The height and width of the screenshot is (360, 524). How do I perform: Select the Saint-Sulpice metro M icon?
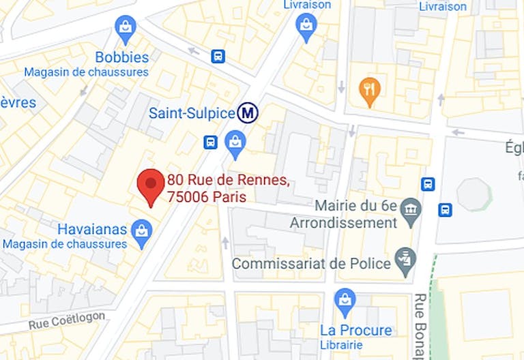248,112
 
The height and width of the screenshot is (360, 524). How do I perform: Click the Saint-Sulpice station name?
191,113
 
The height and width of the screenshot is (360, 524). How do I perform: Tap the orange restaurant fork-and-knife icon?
369,90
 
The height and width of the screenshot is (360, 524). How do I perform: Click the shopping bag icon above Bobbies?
126,29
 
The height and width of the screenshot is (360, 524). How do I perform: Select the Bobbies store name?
121,57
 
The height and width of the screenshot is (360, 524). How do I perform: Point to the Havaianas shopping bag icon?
141,230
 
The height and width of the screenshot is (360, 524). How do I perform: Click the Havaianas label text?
92,229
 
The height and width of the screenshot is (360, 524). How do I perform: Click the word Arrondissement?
343,223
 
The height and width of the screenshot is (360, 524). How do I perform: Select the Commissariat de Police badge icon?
405,262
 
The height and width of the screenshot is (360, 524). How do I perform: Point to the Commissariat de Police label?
311,263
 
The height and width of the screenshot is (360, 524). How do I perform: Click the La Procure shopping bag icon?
345,301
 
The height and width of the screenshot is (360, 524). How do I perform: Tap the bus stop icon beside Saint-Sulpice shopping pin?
210,142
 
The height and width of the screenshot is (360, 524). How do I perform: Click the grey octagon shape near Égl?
474,194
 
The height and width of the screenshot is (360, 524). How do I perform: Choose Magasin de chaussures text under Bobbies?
86,72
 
